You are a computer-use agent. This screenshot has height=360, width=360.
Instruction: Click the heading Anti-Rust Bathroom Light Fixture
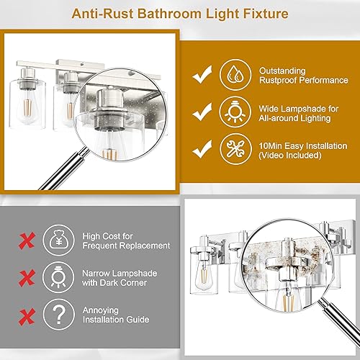click(179, 14)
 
